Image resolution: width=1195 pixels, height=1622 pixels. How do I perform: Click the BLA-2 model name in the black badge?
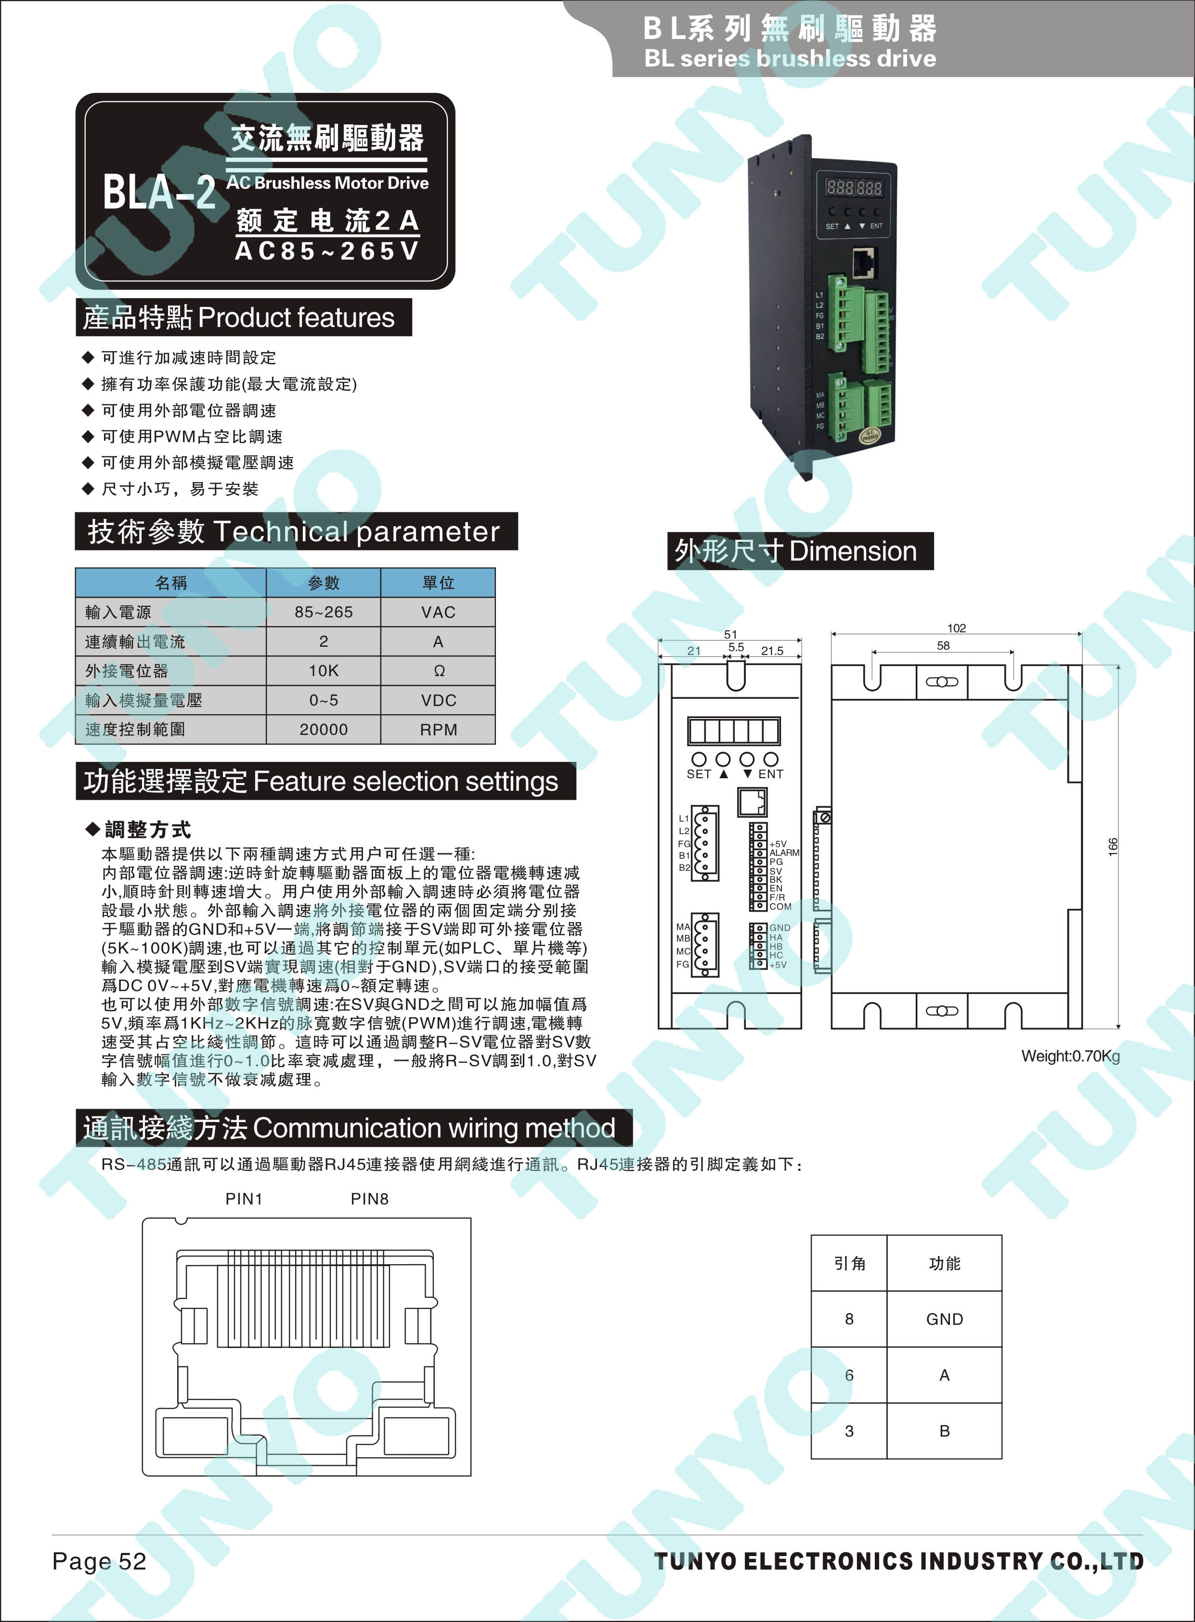click(160, 192)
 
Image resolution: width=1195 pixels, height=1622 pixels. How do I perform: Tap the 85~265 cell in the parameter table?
click(324, 612)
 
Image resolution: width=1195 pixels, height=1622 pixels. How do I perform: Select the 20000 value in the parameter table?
click(324, 729)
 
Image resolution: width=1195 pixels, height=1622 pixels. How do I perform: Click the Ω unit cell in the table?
click(438, 671)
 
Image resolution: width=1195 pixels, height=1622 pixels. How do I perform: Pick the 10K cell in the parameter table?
click(324, 671)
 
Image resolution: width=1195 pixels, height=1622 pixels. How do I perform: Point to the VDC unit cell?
click(438, 700)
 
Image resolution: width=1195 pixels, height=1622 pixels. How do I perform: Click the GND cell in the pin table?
click(944, 1319)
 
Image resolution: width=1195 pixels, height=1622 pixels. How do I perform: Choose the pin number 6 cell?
click(849, 1374)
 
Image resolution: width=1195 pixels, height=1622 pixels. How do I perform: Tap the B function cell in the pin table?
click(944, 1430)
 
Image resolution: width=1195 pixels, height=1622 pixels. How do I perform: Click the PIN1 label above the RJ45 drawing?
click(244, 1199)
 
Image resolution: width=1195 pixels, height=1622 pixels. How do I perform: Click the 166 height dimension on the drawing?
click(1113, 847)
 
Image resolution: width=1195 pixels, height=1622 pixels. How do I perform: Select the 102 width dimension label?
click(956, 628)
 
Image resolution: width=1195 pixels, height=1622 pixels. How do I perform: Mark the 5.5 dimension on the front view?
click(736, 647)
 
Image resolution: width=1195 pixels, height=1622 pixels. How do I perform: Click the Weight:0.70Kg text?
click(1071, 1056)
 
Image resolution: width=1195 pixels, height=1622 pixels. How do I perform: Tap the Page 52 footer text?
click(99, 1560)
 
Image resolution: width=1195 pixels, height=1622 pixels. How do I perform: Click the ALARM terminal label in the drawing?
click(784, 853)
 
